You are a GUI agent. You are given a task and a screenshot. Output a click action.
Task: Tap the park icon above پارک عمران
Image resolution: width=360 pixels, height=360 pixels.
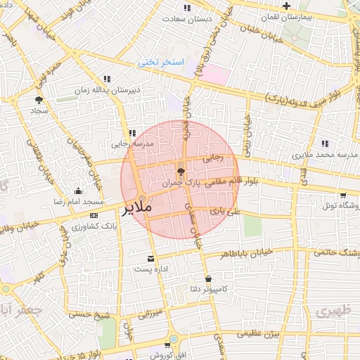tap(181, 171)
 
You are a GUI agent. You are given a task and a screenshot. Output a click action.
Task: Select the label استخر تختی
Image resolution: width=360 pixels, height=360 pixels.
tap(160, 63)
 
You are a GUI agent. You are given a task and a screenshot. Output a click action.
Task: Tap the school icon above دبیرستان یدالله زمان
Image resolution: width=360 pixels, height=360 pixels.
tap(106, 79)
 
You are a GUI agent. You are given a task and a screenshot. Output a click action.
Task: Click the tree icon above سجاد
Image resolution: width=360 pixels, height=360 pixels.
tap(38, 100)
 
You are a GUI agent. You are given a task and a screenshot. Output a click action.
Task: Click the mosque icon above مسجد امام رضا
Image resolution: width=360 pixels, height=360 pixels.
tap(77, 191)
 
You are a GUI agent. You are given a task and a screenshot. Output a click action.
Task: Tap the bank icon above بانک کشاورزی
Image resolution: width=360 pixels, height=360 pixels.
tap(94, 215)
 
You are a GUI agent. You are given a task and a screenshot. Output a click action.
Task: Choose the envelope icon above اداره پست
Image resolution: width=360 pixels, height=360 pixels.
tap(149, 259)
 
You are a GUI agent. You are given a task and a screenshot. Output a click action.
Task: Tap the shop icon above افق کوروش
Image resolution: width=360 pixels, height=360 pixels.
tap(170, 345)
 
